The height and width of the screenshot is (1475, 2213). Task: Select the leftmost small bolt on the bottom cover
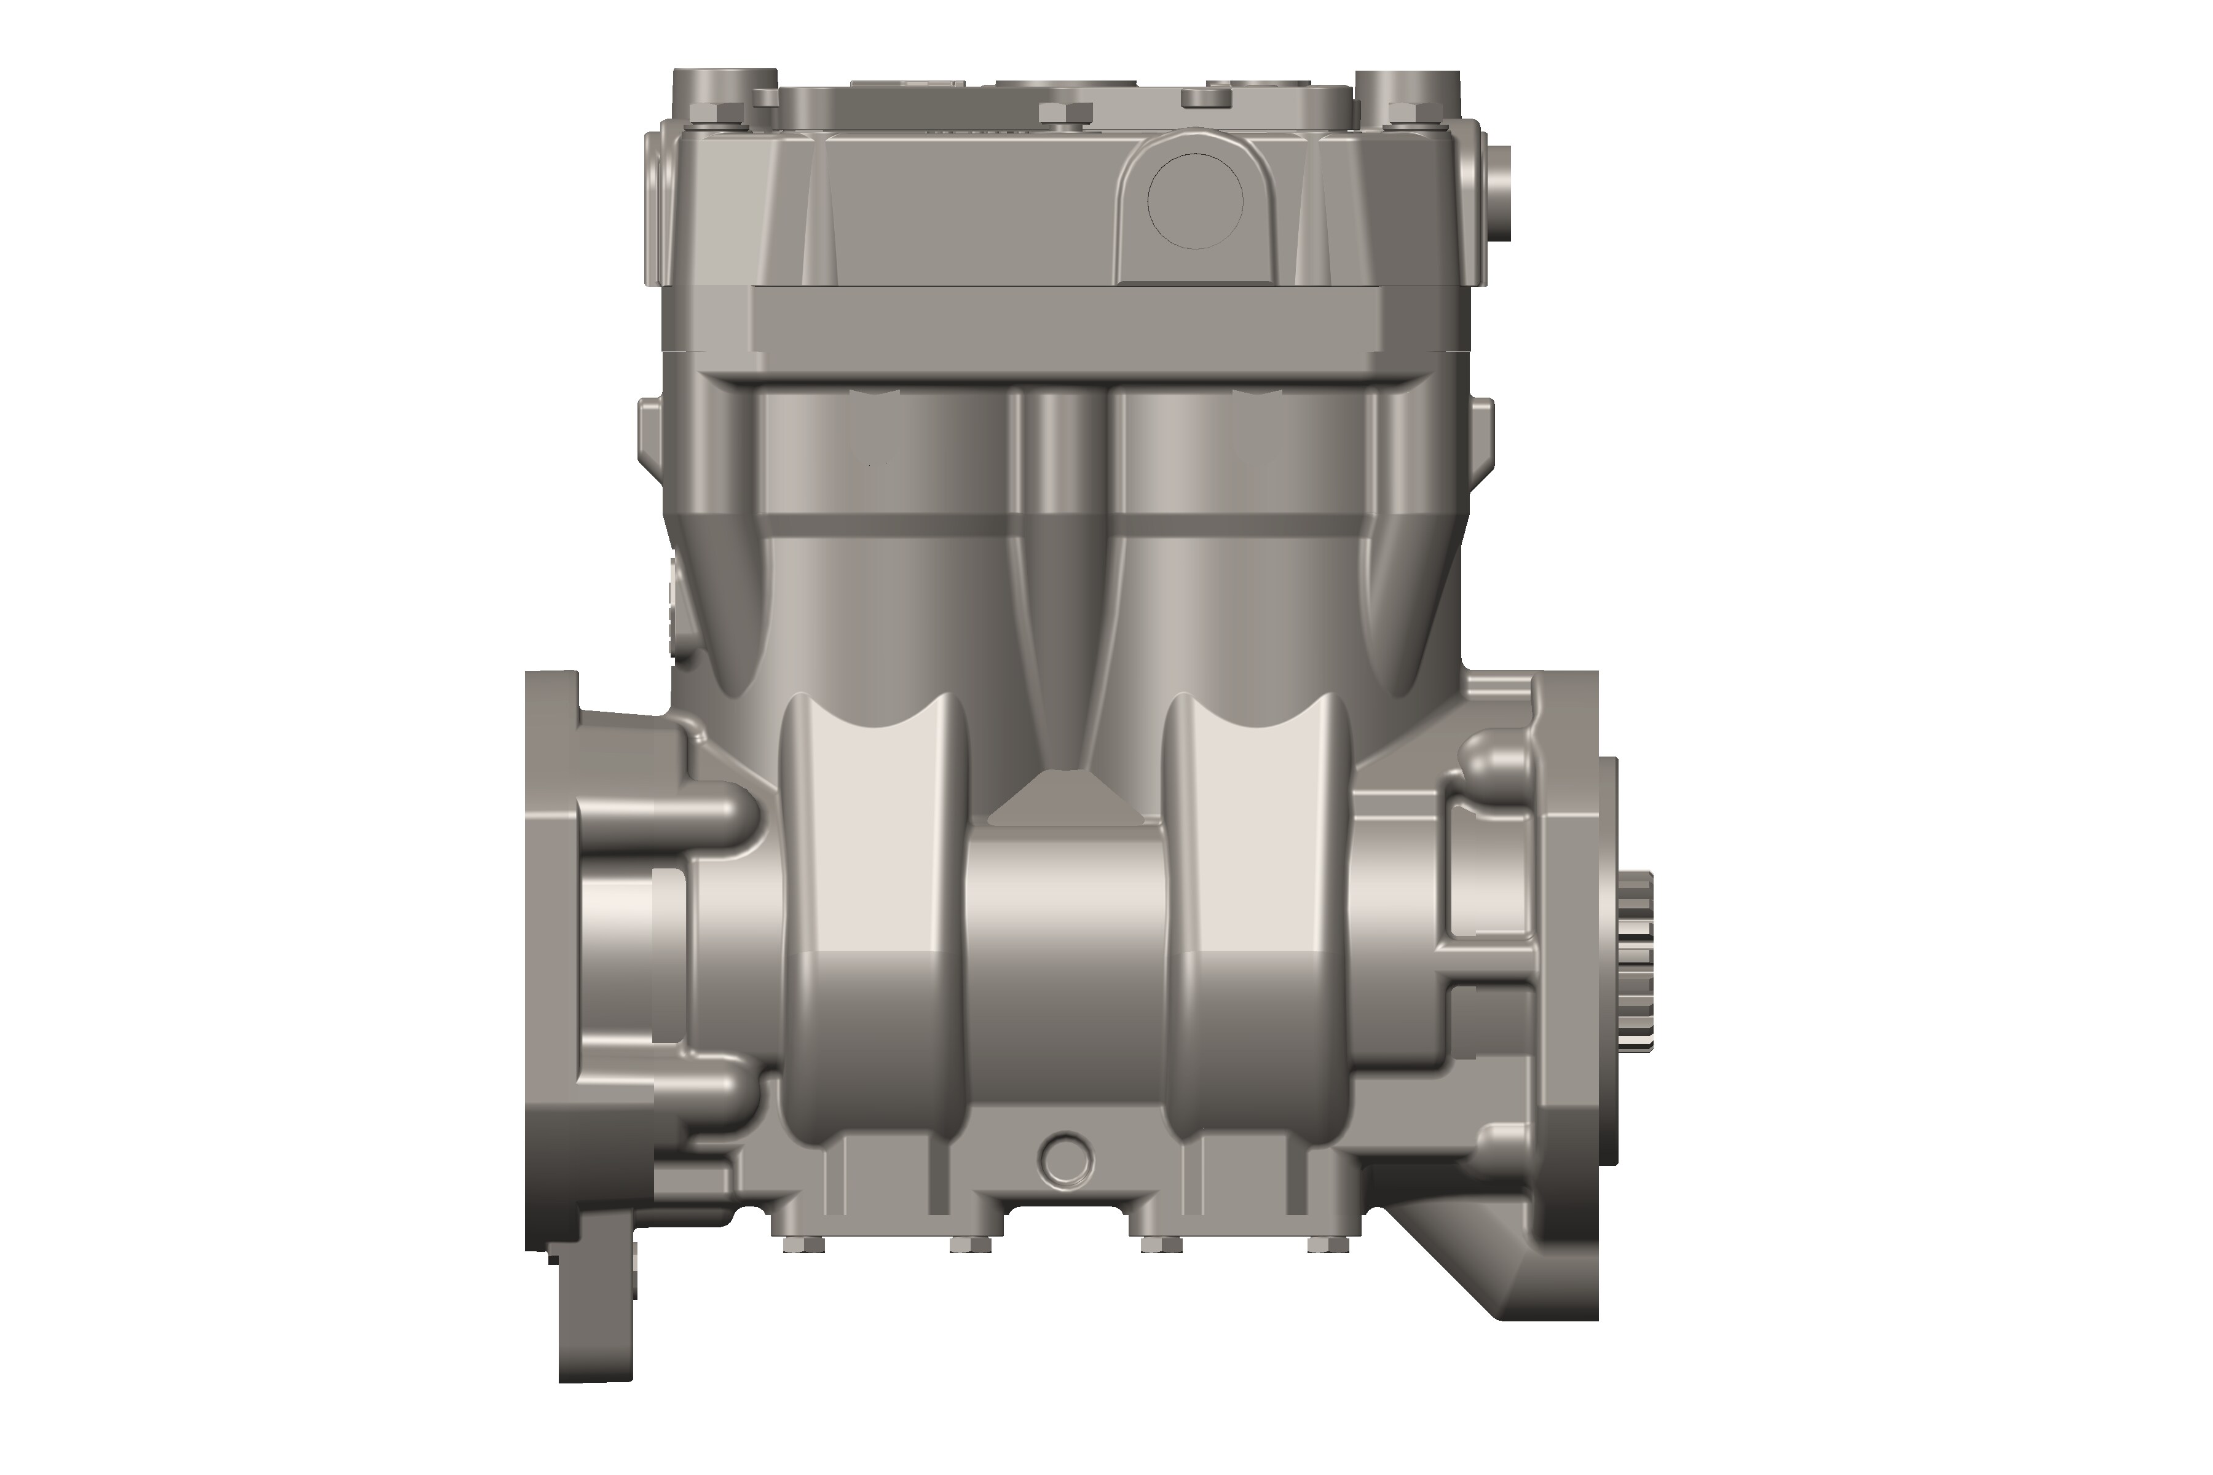(x=803, y=1246)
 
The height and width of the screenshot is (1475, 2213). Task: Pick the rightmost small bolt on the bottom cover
(x=1328, y=1246)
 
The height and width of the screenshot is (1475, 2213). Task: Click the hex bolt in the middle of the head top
(x=1064, y=113)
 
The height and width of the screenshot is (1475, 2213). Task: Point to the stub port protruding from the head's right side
(x=1498, y=193)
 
